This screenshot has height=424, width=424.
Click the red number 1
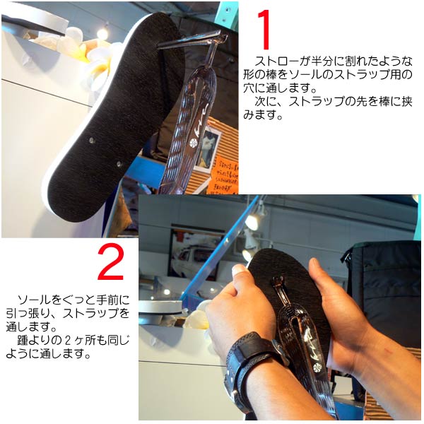tap(264, 30)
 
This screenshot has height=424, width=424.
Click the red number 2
tap(111, 261)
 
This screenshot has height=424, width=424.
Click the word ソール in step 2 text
tap(34, 300)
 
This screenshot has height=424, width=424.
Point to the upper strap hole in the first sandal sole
tap(92, 141)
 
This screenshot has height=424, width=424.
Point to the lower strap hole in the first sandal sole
tap(119, 164)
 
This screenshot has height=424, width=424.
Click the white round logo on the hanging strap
tap(194, 143)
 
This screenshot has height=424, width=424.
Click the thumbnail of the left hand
tap(239, 269)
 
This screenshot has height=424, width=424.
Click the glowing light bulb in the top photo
tap(102, 33)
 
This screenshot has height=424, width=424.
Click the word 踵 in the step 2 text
tap(23, 340)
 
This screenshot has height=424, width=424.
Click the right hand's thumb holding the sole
tap(319, 273)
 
